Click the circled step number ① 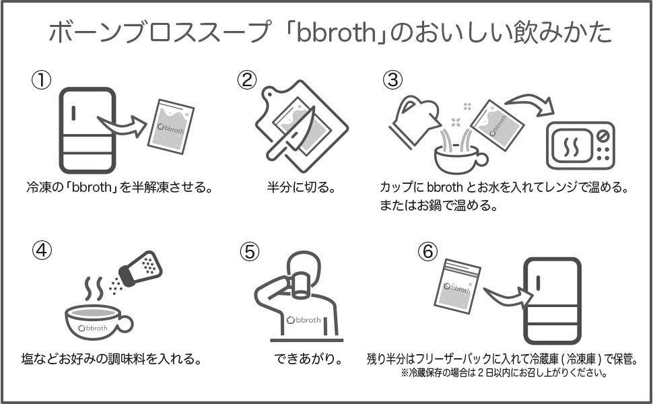click(x=42, y=80)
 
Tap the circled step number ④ click(x=42, y=250)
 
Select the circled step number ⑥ click(x=427, y=250)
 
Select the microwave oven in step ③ click(x=580, y=145)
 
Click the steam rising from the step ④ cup click(x=94, y=289)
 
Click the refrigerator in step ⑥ click(x=551, y=300)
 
